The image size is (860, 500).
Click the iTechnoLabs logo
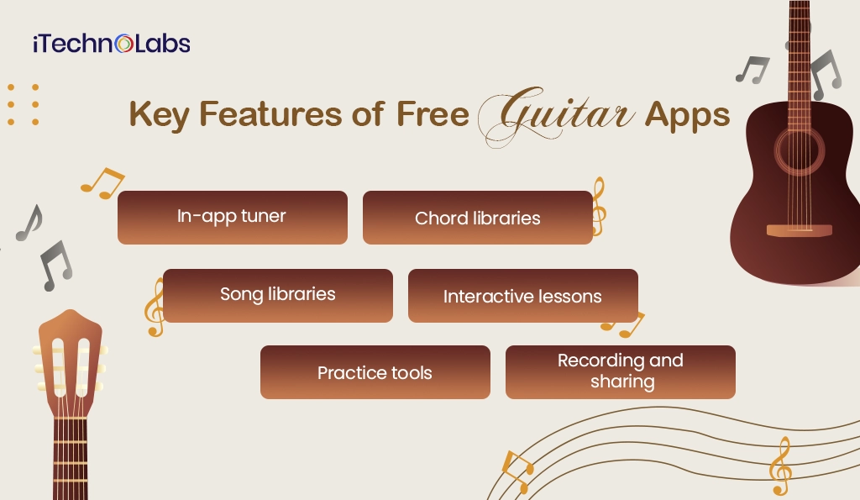pos(111,44)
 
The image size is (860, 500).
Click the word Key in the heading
pos(157,116)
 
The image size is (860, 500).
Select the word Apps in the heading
pos(687,115)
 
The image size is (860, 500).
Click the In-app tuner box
pos(232,217)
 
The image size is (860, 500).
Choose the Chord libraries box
pos(477,218)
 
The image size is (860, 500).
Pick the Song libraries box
pos(277,295)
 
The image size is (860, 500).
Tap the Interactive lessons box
pos(522,296)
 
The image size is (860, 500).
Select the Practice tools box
pos(375,372)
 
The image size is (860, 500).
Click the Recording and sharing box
pos(620,371)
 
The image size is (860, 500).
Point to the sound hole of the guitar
pos(800,152)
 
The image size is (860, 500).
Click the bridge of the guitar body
pos(799,230)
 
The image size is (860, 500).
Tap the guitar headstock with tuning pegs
pos(70,361)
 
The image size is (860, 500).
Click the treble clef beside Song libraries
pos(154,308)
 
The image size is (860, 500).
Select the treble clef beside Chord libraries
pos(597,206)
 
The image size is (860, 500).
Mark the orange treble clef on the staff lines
pos(780,466)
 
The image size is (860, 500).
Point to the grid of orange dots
pos(23,104)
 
